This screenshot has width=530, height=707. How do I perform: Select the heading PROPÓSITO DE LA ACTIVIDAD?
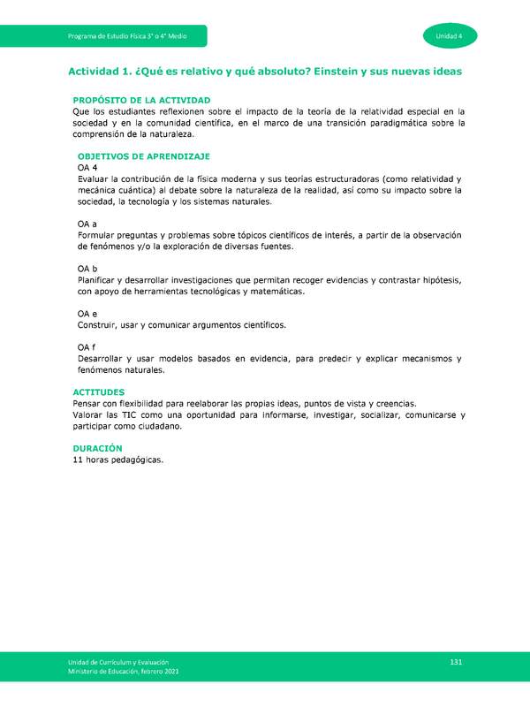coord(141,101)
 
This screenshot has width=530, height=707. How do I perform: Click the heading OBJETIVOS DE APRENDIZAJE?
coord(143,156)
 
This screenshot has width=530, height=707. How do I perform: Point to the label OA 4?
coord(87,168)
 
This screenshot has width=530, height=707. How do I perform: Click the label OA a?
coord(87,224)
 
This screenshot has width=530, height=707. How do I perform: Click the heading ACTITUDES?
coord(98,392)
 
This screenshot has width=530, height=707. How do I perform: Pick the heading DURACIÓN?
coord(96,448)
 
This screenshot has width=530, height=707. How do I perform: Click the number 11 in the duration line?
coord(78,460)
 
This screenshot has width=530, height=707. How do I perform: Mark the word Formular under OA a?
coord(97,235)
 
